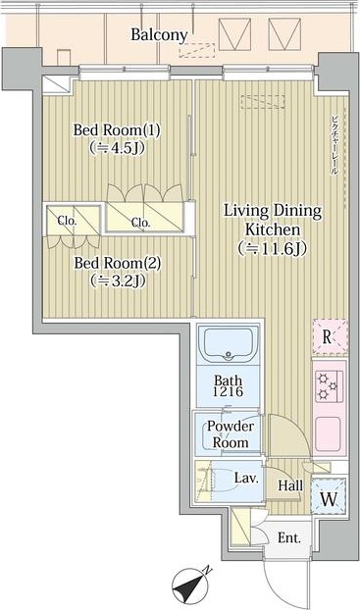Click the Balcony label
pos(159,34)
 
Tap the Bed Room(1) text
pos(118,130)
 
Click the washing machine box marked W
pos(328,496)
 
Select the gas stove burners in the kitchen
pos(328,385)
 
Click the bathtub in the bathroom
pos(229,346)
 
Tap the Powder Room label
pos(229,434)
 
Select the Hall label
pos(289,485)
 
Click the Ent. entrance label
pos(288,537)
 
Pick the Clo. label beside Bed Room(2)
pos(66,220)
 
